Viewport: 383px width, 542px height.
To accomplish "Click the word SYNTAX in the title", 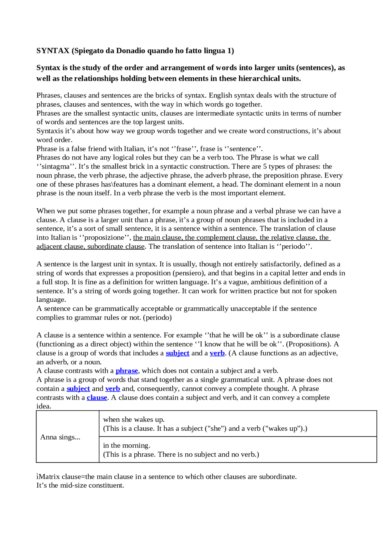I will tap(53, 51).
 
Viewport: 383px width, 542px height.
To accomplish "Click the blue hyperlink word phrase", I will tap(127, 371).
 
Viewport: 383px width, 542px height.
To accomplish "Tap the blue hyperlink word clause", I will tap(97, 397).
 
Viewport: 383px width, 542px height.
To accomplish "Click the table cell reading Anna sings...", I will tap(60, 437).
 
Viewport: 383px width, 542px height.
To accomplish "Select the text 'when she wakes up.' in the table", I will tap(134, 419).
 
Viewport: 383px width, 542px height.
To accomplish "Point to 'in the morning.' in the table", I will tap(127, 445).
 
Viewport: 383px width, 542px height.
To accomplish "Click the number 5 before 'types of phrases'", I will tap(265, 166).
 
